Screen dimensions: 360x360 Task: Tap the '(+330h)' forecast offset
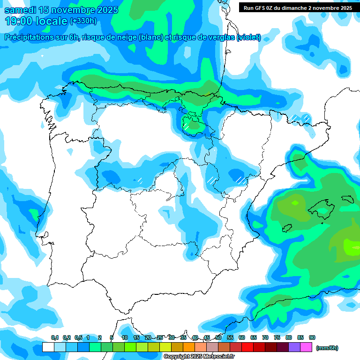[83, 21]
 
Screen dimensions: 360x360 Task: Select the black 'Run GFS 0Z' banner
[298, 8]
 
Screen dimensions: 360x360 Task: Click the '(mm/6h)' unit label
[327, 348]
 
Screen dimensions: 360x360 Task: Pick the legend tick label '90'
[312, 337]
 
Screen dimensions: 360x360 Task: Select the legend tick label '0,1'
[55, 337]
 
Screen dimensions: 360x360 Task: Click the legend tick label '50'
[218, 337]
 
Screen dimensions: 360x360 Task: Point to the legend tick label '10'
[125, 337]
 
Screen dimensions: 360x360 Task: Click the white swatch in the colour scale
[48, 347]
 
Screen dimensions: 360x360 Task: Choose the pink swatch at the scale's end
[306, 347]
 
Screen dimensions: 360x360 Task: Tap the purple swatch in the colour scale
[294, 347]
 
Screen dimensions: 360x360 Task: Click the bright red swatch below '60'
[247, 347]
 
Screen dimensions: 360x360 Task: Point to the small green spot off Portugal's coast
[34, 214]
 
